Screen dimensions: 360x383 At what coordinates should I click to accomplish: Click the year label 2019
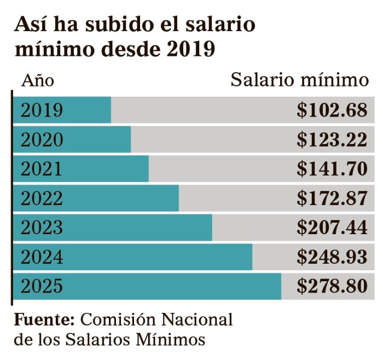click(42, 111)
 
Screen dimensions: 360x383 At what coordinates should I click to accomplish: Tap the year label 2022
click(42, 198)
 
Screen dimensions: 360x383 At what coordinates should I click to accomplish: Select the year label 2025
click(42, 286)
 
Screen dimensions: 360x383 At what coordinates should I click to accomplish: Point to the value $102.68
click(332, 111)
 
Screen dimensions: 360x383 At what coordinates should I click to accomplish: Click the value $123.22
click(332, 140)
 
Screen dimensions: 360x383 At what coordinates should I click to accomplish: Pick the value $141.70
click(332, 169)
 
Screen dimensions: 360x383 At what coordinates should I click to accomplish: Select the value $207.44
click(332, 228)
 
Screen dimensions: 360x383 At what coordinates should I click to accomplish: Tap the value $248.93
click(332, 257)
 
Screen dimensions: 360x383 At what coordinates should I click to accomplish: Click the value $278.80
click(332, 286)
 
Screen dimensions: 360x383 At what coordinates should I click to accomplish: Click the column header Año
click(38, 81)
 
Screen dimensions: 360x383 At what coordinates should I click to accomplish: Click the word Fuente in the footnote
click(44, 319)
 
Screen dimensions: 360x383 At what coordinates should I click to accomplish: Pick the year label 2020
click(42, 140)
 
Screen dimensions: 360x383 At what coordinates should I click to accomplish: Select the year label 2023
click(42, 228)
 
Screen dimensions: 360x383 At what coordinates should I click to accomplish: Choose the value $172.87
click(332, 198)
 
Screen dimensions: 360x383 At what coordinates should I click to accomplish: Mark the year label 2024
click(42, 257)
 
